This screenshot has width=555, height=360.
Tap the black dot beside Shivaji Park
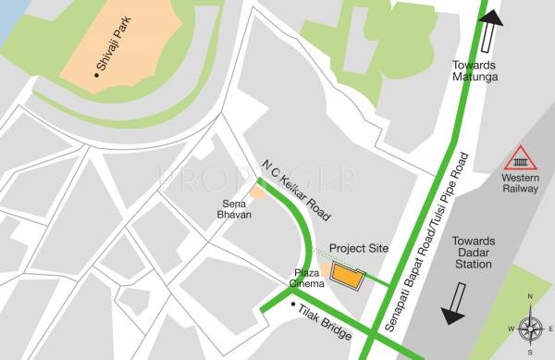coord(96,68)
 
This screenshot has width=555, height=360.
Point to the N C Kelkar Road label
coord(295,189)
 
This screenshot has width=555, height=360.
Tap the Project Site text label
coord(359,249)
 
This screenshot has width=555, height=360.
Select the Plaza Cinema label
coord(306,278)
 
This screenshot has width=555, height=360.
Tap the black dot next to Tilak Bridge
coord(293,304)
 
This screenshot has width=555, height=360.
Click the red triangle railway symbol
coord(519,157)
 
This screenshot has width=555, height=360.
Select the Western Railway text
coord(520,182)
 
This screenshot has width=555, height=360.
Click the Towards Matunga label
coord(475,71)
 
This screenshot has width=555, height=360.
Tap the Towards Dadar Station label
coord(474,252)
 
